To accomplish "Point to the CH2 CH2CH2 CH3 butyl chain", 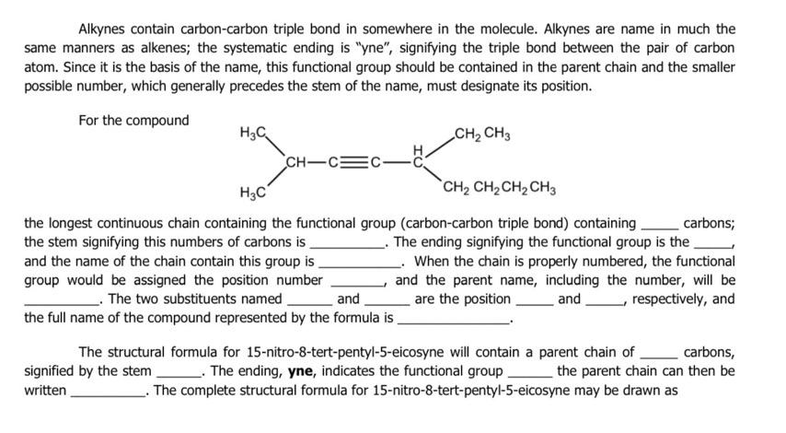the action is [499, 191].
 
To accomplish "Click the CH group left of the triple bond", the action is [299, 164].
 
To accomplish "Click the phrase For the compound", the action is [133, 120].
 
